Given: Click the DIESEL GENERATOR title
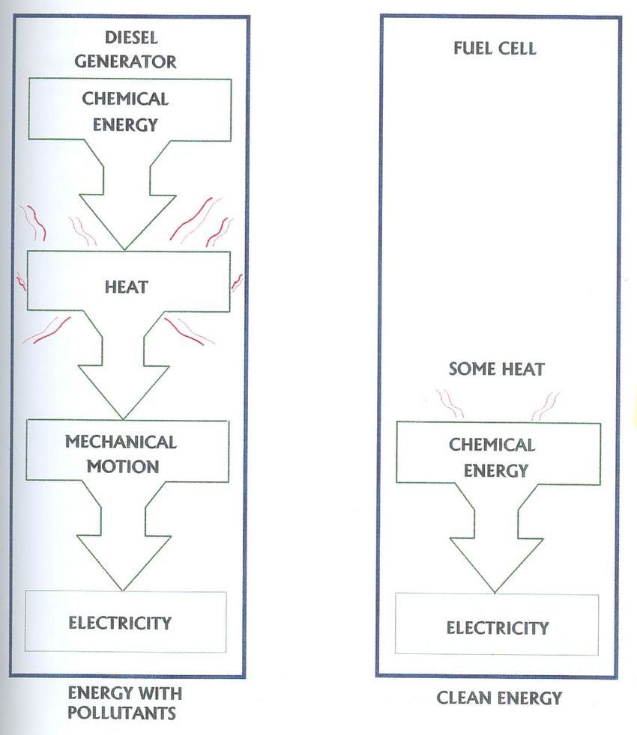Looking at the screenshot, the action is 125,49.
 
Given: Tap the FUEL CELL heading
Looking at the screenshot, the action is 495,49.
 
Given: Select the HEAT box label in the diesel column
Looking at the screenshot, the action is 126,287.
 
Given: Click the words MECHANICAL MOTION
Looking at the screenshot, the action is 121,454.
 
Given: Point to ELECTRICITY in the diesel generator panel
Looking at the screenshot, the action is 120,623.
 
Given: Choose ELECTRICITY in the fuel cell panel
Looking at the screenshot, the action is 498,628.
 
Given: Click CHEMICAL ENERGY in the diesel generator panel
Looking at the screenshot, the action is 125,112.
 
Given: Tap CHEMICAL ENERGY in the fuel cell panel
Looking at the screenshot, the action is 492,457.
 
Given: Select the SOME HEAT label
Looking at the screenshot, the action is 497,370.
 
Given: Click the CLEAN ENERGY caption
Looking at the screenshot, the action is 499,698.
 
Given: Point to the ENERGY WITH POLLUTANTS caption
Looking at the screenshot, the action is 124,703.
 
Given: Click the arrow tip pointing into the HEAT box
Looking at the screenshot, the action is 124,249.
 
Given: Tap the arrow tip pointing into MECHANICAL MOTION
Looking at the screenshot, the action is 123,418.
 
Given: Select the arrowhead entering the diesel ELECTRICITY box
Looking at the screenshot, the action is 123,590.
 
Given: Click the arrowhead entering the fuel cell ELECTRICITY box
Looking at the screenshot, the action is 495,592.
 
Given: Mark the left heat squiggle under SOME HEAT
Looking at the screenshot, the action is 450,403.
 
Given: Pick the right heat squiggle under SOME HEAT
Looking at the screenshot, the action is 546,406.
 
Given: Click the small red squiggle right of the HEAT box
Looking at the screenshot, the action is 237,282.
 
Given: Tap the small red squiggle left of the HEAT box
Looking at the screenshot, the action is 21,281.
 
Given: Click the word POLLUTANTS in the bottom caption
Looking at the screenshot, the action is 121,713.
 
